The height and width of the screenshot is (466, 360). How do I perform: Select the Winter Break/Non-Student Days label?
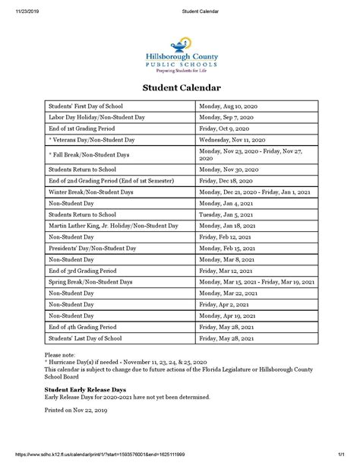[x=92, y=192]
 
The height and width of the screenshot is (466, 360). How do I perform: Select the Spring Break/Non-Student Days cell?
[x=92, y=281]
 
